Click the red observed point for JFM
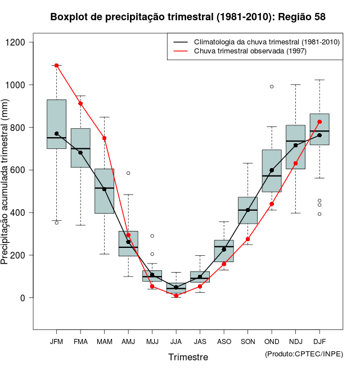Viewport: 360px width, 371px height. click(57, 66)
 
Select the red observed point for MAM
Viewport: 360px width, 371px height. click(105, 138)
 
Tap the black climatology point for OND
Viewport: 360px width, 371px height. click(272, 170)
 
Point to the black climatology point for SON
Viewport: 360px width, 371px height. click(248, 210)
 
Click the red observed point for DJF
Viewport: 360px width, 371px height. click(319, 122)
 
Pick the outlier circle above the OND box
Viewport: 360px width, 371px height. click(272, 87)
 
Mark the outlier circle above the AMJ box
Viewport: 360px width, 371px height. click(128, 173)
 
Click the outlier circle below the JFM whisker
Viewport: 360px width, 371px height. click(57, 223)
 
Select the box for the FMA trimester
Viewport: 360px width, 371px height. click(80, 148)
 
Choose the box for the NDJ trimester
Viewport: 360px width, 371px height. click(295, 147)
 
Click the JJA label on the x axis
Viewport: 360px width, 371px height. click(176, 342)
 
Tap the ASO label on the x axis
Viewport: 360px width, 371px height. click(224, 342)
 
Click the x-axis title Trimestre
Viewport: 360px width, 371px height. click(188, 357)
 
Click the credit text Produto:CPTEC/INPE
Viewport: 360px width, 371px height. click(304, 354)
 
